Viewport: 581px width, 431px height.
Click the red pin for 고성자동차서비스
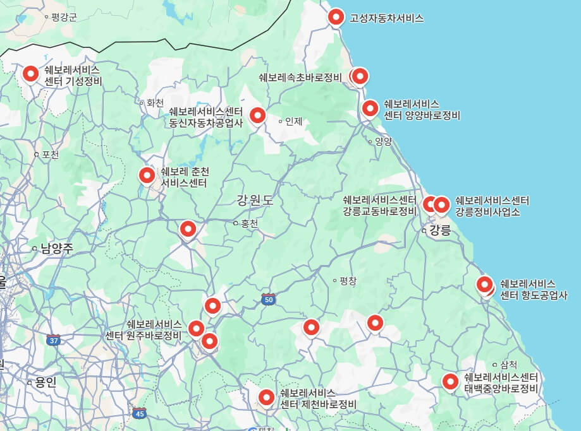336,17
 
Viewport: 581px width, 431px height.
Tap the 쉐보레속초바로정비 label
300,77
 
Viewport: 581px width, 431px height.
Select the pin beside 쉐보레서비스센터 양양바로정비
370,108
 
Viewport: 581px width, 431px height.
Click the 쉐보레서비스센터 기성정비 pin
30,74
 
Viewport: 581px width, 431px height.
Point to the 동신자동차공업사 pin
257,115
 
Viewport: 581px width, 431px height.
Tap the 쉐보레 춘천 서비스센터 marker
147,175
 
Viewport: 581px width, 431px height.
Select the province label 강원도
255,201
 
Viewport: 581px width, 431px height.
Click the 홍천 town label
249,223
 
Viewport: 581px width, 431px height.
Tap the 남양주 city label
56,249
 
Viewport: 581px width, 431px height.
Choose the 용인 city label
46,382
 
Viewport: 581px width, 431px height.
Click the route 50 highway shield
269,300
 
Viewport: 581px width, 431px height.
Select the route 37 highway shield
53,340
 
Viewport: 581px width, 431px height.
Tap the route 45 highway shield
140,413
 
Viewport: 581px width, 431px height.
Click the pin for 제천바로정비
266,397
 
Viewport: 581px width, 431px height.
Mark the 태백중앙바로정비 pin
450,381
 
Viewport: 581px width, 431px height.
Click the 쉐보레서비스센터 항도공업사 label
534,289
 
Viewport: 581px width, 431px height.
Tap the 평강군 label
64,17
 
